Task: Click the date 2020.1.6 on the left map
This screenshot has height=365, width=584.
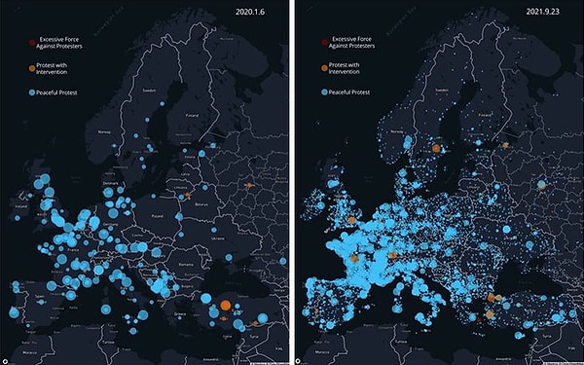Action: tap(256, 13)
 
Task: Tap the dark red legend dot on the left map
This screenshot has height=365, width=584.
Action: tap(31, 43)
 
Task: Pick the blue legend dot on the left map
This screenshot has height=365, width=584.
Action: tap(31, 92)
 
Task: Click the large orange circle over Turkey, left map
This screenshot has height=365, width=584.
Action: tap(225, 306)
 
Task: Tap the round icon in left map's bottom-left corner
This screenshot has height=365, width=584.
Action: tap(7, 359)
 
